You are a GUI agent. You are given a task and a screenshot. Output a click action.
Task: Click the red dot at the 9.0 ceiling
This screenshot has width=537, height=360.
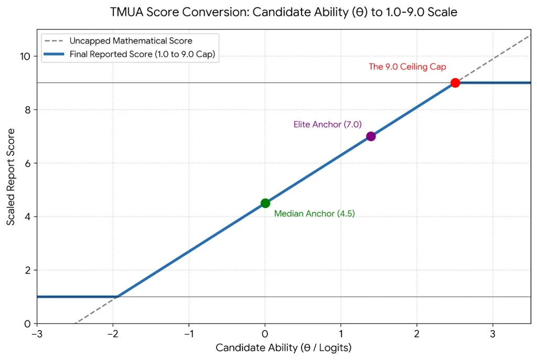(455, 83)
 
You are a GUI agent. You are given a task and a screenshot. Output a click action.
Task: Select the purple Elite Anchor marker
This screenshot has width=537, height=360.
(371, 136)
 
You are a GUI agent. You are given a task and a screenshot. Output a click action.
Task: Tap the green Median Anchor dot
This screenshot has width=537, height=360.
(265, 203)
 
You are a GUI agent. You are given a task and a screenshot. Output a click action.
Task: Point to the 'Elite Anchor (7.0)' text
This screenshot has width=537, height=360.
(327, 124)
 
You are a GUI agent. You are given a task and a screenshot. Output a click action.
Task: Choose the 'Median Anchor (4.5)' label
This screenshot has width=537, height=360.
(315, 214)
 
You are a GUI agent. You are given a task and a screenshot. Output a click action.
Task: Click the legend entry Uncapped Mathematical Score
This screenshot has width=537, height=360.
(131, 41)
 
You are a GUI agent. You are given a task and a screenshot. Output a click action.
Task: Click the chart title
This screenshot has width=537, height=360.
(284, 12)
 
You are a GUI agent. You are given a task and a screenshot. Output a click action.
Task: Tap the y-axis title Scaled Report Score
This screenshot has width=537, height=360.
(11, 177)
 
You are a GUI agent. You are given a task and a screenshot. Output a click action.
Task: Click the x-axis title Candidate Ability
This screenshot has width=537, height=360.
(284, 348)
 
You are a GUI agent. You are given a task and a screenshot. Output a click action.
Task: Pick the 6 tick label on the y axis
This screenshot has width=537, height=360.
(28, 163)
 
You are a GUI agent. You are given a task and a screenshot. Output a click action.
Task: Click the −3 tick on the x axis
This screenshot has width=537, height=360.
(37, 334)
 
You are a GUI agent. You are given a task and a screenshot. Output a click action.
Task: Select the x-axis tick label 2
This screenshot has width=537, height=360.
(417, 334)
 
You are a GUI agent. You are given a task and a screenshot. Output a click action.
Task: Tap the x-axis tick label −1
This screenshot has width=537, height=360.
(189, 334)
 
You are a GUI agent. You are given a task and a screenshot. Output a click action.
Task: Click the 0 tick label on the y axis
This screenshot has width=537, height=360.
(28, 323)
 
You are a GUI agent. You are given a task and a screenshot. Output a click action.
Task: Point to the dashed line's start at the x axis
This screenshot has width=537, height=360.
(76, 323)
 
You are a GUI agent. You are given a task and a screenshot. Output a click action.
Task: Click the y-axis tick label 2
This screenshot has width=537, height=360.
(28, 270)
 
